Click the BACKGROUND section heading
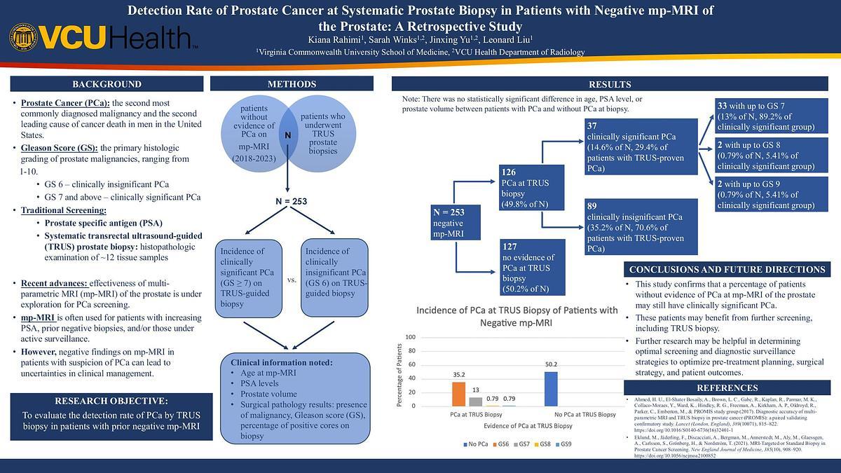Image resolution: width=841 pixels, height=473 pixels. [107, 84]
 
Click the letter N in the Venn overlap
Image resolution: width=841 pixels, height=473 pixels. [287, 135]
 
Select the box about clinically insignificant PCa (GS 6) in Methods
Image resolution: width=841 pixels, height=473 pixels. [334, 277]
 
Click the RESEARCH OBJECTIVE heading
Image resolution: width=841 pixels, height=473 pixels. [111, 401]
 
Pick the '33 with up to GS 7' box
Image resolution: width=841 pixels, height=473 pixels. [771, 116]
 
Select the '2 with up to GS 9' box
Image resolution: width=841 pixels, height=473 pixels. [771, 195]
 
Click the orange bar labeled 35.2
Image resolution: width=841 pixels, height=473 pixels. [458, 394]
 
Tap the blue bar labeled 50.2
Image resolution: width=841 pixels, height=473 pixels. [552, 389]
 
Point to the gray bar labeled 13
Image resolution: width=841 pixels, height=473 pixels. [475, 402]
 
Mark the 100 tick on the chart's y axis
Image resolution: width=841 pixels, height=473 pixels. [412, 337]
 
